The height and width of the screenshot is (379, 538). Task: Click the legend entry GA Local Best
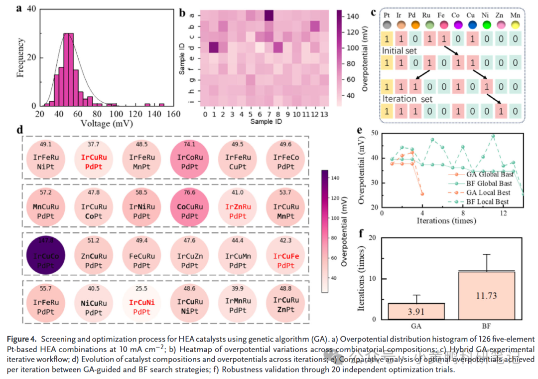coord(483,192)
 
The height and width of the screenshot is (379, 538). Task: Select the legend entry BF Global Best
coord(484,184)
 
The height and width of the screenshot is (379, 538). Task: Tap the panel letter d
coord(20,130)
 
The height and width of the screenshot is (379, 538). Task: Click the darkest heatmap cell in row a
coord(269,16)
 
